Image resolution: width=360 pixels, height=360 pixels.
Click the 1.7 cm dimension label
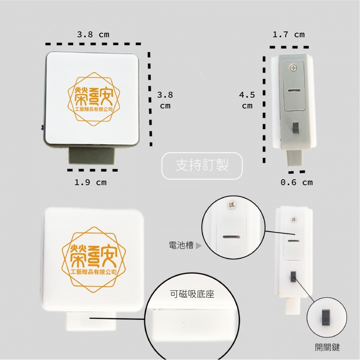289,35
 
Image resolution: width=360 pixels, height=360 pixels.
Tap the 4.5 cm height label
247,100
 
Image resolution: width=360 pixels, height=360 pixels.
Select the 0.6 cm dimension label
296,183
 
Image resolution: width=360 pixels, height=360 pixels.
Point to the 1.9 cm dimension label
90,183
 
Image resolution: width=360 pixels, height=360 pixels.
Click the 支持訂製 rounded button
202,166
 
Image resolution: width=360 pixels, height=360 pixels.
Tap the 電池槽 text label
181,245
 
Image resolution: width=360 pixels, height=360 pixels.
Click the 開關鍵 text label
327,347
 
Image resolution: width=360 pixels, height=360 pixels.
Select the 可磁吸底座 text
192,294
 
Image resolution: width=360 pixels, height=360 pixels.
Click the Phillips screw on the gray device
293,68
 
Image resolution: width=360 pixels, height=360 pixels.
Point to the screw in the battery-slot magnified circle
231,204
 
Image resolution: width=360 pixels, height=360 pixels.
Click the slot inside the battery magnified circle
231,237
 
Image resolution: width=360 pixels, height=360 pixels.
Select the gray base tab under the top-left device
91,156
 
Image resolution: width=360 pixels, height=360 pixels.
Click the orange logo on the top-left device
94,99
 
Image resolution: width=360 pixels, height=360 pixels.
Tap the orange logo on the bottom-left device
94,260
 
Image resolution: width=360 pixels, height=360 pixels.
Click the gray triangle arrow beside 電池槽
199,246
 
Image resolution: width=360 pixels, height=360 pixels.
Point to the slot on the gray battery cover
294,90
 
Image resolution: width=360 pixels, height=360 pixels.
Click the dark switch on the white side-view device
293,276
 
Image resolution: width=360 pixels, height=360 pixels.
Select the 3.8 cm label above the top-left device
93,35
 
